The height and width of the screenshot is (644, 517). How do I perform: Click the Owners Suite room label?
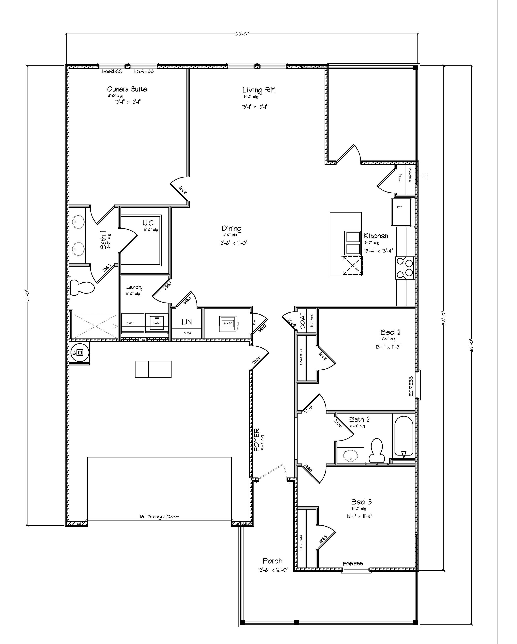tap(127, 89)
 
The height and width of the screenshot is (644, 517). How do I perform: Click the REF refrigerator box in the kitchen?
tap(400, 212)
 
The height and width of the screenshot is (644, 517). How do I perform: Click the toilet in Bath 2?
tap(376, 450)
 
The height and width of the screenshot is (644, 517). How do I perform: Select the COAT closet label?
tap(303, 321)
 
